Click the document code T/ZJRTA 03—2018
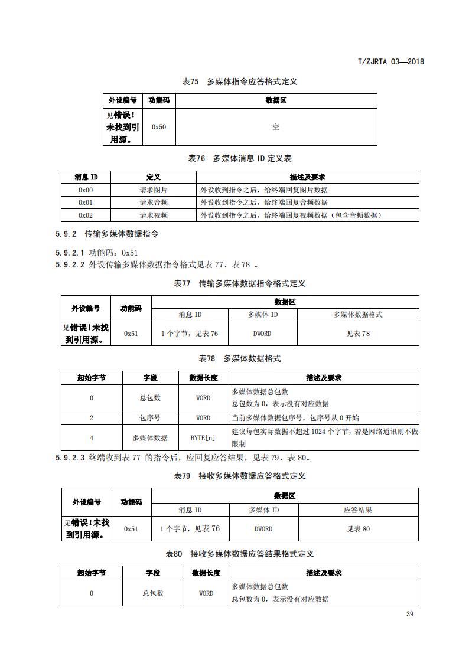391,61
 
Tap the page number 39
410,614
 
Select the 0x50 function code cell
159,127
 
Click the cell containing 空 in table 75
276,127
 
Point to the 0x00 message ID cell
86,190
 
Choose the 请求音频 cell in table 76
154,203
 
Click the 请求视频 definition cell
154,215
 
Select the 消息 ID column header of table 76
86,177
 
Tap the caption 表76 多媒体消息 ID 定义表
240,158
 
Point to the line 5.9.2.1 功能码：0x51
97,253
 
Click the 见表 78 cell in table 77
358,334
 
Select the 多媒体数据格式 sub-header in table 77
358,315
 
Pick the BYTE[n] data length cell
203,437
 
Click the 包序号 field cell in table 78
150,417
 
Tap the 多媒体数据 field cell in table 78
150,437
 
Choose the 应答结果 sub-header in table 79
358,510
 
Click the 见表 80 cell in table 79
358,529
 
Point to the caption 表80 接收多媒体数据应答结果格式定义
240,554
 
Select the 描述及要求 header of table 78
324,378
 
